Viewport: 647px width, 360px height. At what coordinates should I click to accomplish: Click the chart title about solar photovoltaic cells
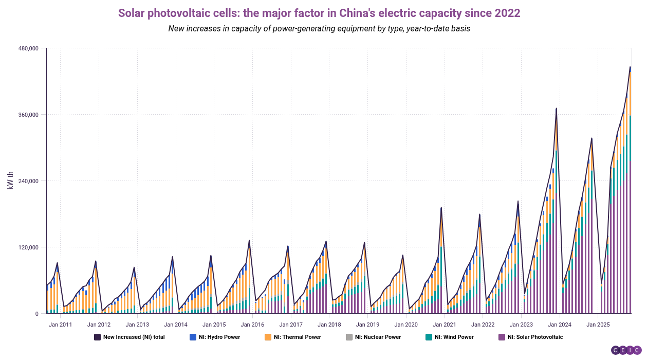click(x=319, y=13)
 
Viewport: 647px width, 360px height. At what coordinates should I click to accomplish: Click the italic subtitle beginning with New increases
click(x=319, y=29)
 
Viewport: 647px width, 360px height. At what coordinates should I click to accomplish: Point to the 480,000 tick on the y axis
click(x=28, y=48)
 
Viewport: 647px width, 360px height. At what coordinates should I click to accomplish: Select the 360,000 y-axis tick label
click(x=28, y=115)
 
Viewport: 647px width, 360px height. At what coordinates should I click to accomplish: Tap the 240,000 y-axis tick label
click(x=28, y=181)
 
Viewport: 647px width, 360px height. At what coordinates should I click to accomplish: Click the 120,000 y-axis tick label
click(x=28, y=247)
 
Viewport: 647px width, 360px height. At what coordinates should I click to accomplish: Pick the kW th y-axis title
click(x=10, y=181)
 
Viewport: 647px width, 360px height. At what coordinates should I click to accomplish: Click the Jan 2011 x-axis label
click(x=61, y=325)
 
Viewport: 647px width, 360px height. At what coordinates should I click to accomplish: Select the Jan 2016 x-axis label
click(x=252, y=325)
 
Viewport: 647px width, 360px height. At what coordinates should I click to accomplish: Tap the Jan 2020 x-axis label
click(x=406, y=325)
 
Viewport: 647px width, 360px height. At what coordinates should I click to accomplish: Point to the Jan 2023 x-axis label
click(x=521, y=325)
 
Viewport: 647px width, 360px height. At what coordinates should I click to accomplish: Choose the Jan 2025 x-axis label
click(x=598, y=325)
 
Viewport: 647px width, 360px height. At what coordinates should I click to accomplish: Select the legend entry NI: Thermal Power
click(x=292, y=337)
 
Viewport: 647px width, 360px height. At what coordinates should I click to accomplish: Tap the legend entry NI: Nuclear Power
click(x=373, y=337)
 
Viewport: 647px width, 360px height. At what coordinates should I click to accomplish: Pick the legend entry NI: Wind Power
click(x=450, y=337)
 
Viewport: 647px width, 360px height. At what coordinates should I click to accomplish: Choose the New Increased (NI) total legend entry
click(x=129, y=337)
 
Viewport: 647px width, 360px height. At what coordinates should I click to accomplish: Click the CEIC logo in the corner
click(x=626, y=350)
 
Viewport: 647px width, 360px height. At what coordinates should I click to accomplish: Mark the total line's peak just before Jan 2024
click(x=556, y=109)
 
